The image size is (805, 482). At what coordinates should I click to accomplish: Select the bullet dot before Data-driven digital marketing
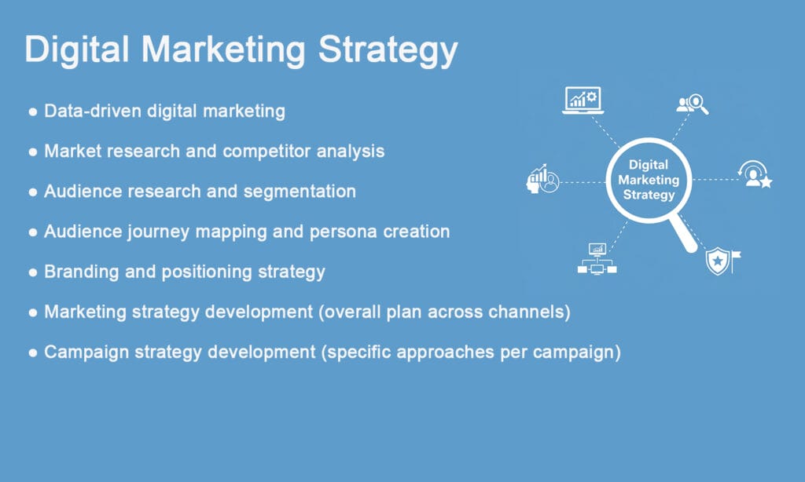click(33, 112)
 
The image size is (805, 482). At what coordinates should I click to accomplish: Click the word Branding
click(80, 272)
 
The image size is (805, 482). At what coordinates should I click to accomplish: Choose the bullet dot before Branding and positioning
click(33, 272)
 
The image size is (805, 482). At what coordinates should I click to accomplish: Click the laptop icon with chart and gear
click(582, 100)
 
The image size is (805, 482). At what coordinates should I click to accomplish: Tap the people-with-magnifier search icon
click(693, 104)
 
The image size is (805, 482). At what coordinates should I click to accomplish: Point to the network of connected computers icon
click(597, 259)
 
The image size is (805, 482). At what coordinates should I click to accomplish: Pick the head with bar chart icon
click(542, 179)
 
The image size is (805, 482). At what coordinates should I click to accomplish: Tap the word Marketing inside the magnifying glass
click(649, 180)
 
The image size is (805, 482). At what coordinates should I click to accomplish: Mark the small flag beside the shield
click(736, 257)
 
